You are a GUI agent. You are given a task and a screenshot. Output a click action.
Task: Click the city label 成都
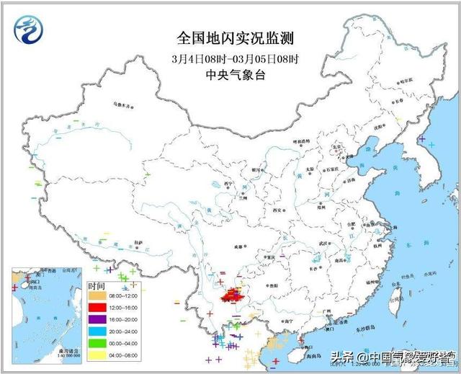coord(238,246)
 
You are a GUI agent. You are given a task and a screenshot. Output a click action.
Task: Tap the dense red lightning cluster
coord(233,295)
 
